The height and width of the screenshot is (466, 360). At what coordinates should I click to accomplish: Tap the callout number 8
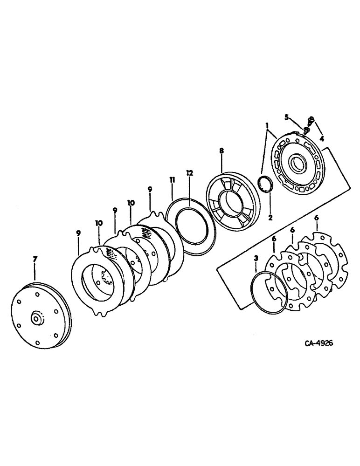pos(221,151)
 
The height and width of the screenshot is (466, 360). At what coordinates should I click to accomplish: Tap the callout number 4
pos(322,138)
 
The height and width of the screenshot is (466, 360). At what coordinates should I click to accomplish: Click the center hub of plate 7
pos(36,320)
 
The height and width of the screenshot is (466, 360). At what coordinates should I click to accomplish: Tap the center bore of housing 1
pos(297,164)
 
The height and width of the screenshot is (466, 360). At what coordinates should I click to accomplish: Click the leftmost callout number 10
pos(99,224)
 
